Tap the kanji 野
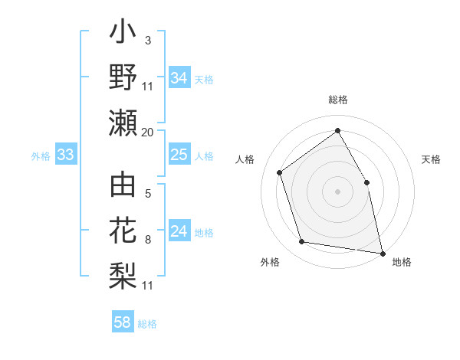[123, 78]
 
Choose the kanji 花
[123, 231]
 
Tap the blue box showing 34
[179, 78]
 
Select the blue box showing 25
[179, 155]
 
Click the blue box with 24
[179, 231]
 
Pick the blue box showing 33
[65, 155]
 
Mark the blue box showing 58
[123, 322]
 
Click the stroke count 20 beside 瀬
[148, 132]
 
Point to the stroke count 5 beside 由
[148, 193]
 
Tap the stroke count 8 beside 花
[148, 240]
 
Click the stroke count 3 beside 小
[148, 39]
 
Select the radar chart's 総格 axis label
[337, 100]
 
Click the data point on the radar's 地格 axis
[381, 252]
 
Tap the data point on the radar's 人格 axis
[280, 172]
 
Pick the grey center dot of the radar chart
[337, 191]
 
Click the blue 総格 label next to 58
[147, 323]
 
